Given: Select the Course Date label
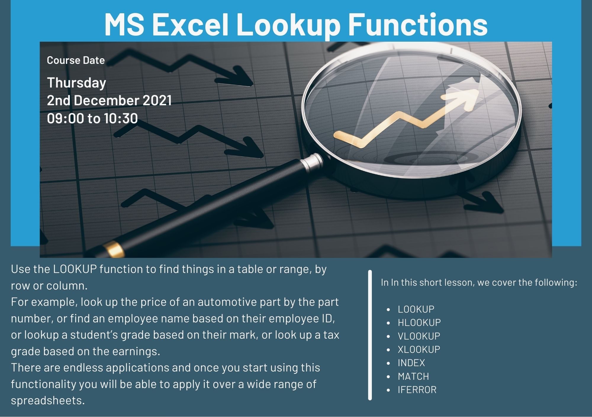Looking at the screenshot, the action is [76, 60].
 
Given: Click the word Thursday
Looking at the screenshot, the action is [76, 83].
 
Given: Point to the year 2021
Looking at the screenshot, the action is [157, 100].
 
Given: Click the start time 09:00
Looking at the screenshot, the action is [65, 118].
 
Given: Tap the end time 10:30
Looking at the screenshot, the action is [121, 118].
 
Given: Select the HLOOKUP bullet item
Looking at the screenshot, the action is [419, 322].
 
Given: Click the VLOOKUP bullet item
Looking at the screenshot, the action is [419, 336].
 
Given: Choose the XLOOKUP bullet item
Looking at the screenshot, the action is [419, 349].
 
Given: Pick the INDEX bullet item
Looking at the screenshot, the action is [411, 363].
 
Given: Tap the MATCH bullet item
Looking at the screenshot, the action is [413, 376].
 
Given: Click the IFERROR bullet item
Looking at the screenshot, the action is [417, 389].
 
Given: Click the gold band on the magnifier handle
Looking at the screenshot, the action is [114, 249].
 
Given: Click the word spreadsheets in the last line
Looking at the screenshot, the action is [48, 400].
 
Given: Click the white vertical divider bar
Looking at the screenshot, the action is [370, 335].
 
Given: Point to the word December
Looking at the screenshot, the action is [106, 100].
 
